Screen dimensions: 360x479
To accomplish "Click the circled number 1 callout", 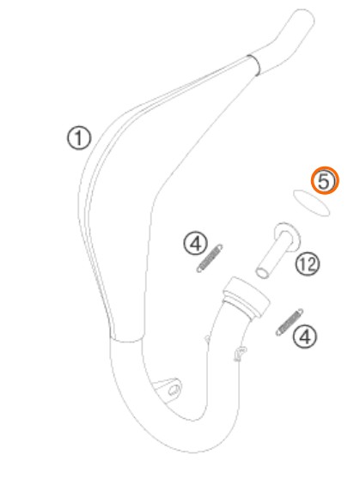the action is [79, 138].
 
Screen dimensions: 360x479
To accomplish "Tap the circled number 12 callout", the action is [307, 264].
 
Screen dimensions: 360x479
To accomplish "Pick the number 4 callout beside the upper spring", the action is [196, 243].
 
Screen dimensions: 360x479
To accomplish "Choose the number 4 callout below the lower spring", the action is [305, 337].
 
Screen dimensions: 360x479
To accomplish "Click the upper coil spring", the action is [210, 258].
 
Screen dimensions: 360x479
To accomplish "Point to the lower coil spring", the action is [290, 322].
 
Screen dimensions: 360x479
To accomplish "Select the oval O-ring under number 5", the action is [311, 203].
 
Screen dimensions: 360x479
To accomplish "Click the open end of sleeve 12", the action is [262, 272].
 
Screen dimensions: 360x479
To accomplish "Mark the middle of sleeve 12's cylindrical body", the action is [274, 254].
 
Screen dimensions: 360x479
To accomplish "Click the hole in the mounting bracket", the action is [174, 389].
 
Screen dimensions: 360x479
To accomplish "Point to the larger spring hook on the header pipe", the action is [240, 353].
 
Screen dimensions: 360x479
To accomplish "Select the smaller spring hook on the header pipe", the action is [207, 338].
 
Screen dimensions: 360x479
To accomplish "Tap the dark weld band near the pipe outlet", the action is [253, 64].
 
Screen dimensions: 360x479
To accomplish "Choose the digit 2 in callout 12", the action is [310, 264].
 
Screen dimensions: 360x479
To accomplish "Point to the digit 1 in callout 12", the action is [302, 264].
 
